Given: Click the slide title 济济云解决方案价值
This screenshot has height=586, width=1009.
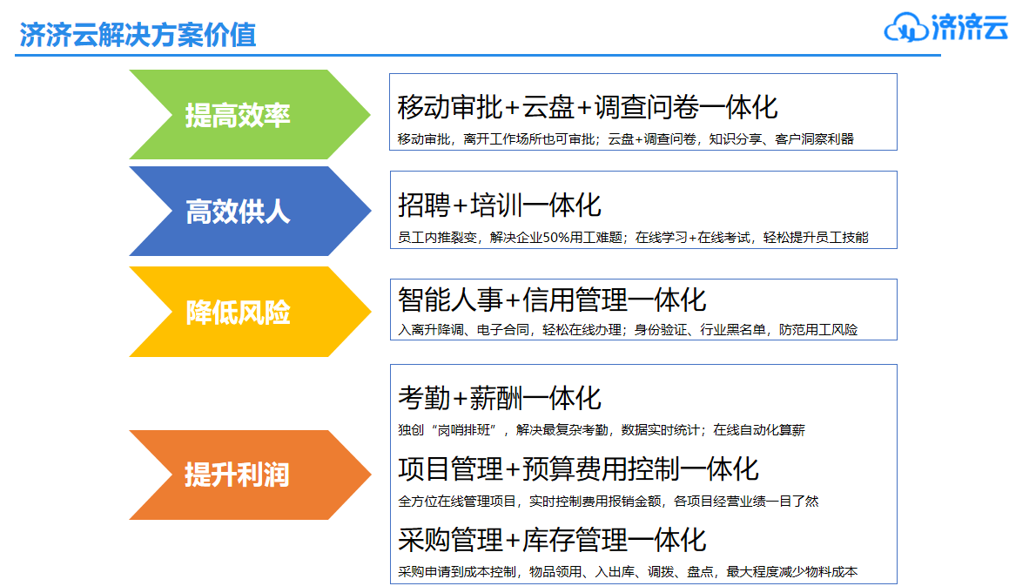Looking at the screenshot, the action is click(138, 34).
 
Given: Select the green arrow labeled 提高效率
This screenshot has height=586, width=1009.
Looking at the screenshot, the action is click(250, 115).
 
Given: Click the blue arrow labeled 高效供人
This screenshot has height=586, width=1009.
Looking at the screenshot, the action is click(250, 212).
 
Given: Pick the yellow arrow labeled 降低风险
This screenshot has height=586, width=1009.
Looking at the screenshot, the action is click(250, 312).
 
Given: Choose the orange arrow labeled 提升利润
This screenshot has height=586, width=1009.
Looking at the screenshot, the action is click(250, 475).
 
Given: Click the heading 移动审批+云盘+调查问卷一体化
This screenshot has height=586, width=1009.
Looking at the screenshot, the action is click(588, 107).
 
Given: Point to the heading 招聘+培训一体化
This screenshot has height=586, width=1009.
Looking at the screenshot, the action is click(500, 205).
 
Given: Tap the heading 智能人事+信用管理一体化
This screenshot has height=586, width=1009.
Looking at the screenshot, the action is click(552, 300).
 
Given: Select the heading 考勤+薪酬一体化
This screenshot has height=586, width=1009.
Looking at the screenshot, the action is click(500, 398).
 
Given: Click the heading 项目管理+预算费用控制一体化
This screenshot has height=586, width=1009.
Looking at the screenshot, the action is click(579, 468).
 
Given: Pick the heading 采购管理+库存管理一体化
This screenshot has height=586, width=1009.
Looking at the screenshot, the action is click(552, 540).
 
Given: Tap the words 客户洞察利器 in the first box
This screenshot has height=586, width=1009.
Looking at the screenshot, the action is click(815, 139).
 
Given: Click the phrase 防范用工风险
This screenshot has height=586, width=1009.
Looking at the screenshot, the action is click(818, 330).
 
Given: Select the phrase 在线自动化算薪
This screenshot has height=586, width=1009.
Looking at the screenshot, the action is click(759, 429).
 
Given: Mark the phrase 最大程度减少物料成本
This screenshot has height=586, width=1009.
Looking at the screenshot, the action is click(792, 572).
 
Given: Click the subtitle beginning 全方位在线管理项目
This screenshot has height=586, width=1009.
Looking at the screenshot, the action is click(609, 501).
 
